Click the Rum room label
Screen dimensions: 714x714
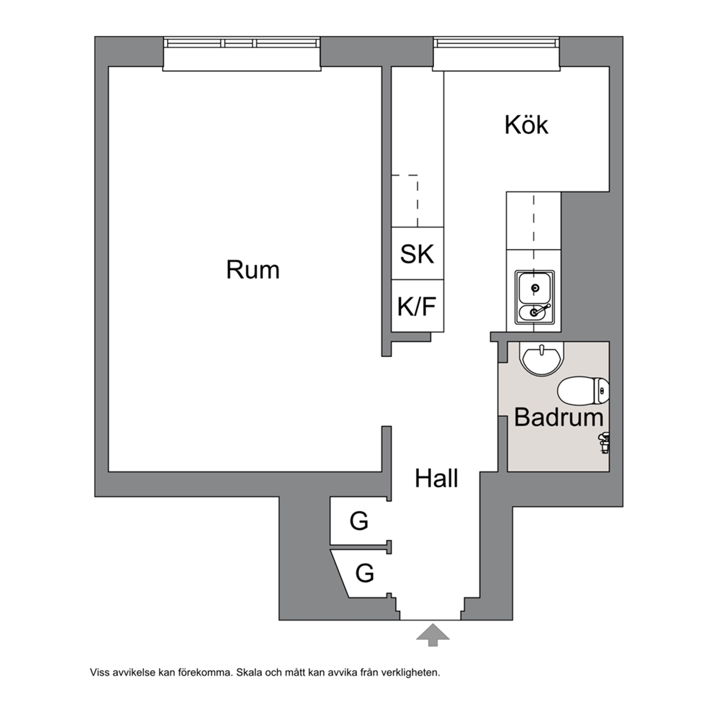pyautogui.click(x=253, y=270)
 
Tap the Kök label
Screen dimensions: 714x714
pyautogui.click(x=526, y=125)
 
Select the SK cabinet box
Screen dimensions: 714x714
pyautogui.click(x=417, y=253)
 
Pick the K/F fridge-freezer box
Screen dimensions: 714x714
pyautogui.click(x=417, y=306)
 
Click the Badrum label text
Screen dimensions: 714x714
pyautogui.click(x=559, y=417)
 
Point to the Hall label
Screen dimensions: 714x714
pyautogui.click(x=436, y=479)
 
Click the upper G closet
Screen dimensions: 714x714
pyautogui.click(x=359, y=520)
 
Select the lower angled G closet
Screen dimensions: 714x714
pyautogui.click(x=362, y=574)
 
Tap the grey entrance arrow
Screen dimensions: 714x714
pyautogui.click(x=433, y=635)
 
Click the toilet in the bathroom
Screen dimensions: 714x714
pyautogui.click(x=584, y=390)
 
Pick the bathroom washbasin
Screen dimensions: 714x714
pyautogui.click(x=542, y=359)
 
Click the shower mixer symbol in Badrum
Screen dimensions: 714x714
pyautogui.click(x=605, y=442)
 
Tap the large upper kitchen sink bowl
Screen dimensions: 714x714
pyautogui.click(x=534, y=287)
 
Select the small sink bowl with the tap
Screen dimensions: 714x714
pyautogui.click(x=534, y=312)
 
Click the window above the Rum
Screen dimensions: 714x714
pyautogui.click(x=242, y=54)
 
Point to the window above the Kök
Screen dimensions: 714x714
pyautogui.click(x=497, y=54)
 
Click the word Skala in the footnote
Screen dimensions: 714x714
pyautogui.click(x=248, y=672)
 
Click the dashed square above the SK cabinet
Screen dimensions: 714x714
pyautogui.click(x=405, y=201)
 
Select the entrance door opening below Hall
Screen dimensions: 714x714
pyautogui.click(x=430, y=620)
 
